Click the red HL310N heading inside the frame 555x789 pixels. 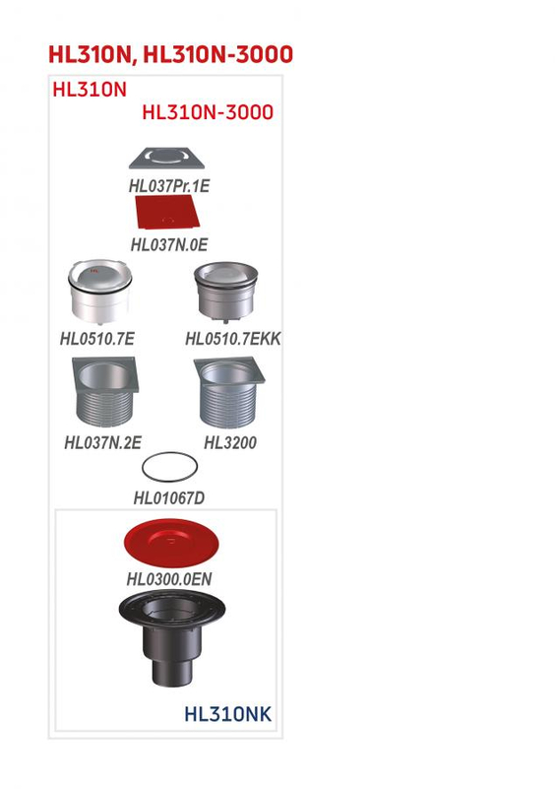click(x=90, y=90)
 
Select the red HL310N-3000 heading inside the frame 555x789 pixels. click(x=208, y=112)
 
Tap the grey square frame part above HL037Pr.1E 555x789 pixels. click(x=169, y=159)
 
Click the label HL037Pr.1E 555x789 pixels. click(x=169, y=185)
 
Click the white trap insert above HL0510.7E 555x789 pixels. click(x=97, y=294)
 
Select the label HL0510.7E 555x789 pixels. click(x=97, y=339)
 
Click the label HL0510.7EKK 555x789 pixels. click(x=233, y=339)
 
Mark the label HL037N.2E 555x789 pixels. click(x=102, y=443)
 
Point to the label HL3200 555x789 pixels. click(x=230, y=443)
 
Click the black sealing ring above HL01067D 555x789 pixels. click(x=169, y=467)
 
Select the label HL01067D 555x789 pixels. click(x=169, y=498)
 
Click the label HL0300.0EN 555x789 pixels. click(x=169, y=579)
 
